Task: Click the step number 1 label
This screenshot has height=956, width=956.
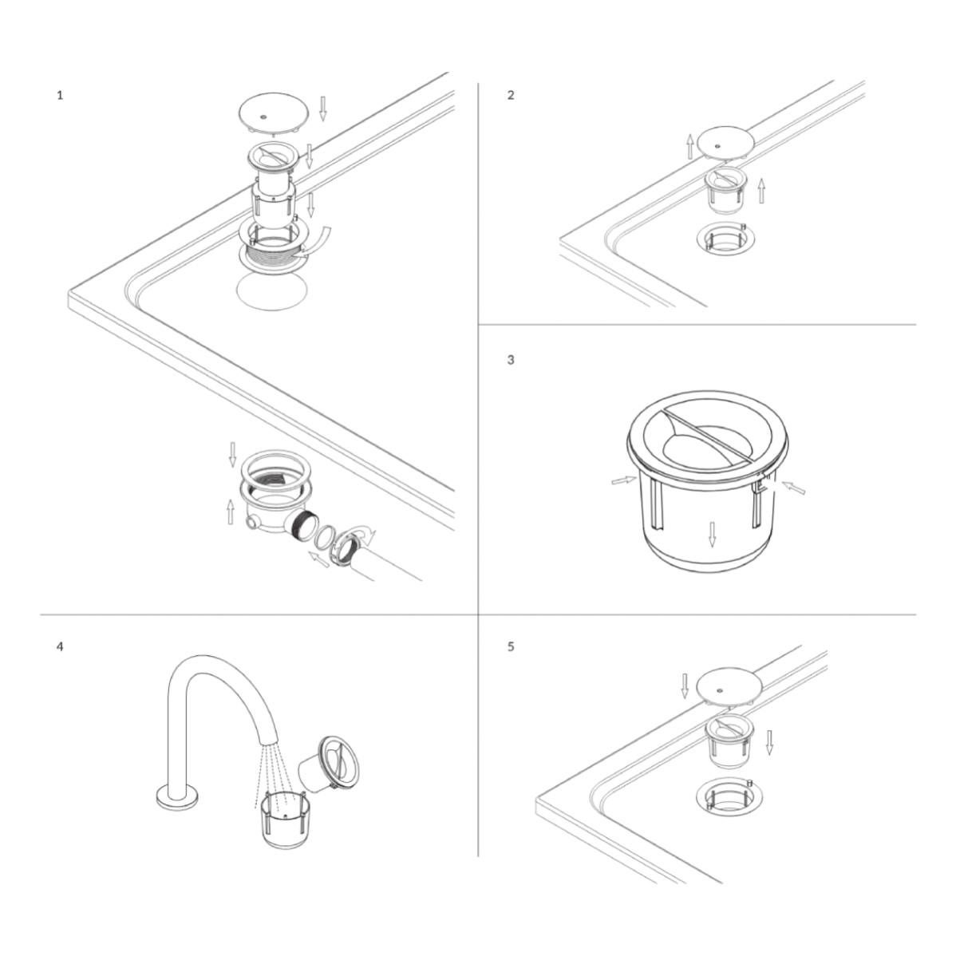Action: pyautogui.click(x=59, y=95)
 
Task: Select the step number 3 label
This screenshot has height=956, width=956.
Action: pyautogui.click(x=511, y=360)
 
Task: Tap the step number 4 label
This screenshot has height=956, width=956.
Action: pyautogui.click(x=59, y=646)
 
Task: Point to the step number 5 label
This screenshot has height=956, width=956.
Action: pyautogui.click(x=511, y=646)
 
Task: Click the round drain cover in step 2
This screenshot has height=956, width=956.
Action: pyautogui.click(x=725, y=143)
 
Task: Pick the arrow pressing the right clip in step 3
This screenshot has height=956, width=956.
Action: pyautogui.click(x=792, y=487)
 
